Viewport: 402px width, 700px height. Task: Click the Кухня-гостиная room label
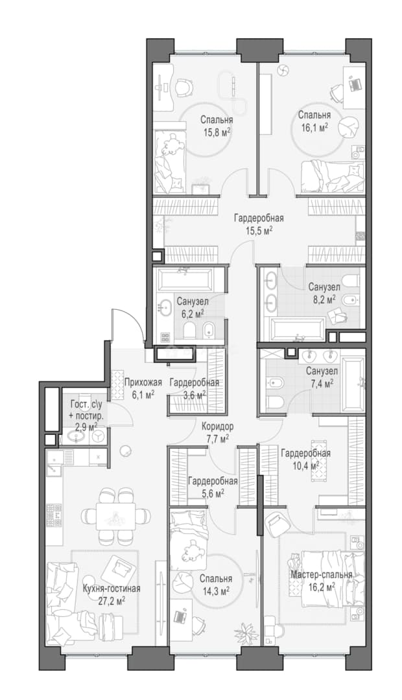pyautogui.click(x=112, y=589)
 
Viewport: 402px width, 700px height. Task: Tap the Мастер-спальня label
pyautogui.click(x=321, y=574)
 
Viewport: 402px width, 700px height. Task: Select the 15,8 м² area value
pyautogui.click(x=216, y=133)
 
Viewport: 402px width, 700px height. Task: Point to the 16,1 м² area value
pyautogui.click(x=314, y=127)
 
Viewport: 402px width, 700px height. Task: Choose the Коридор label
pyautogui.click(x=217, y=426)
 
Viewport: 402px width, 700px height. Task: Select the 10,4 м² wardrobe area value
pyautogui.click(x=305, y=465)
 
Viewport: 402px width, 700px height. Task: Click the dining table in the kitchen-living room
pyautogui.click(x=115, y=516)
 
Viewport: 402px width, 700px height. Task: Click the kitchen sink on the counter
pyautogui.click(x=55, y=462)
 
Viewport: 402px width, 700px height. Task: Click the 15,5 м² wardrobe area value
pyautogui.click(x=259, y=230)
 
